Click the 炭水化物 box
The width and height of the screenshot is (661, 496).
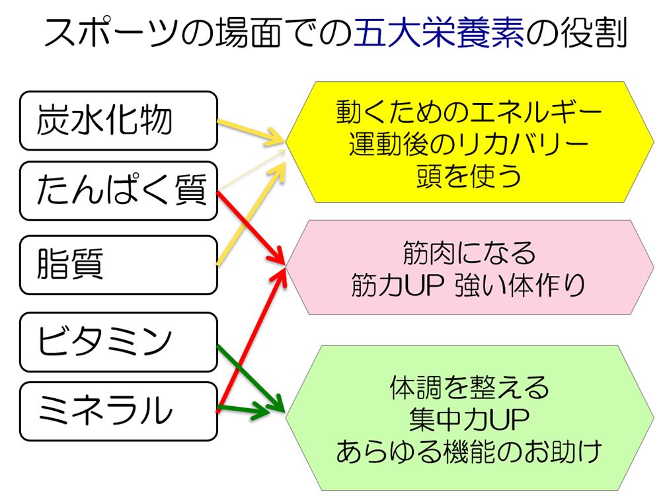tap(118, 121)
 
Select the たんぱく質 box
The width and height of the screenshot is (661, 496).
tap(118, 191)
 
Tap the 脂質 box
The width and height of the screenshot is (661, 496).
tap(118, 265)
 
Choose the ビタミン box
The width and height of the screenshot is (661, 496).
tap(118, 342)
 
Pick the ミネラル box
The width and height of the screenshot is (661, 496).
tap(118, 411)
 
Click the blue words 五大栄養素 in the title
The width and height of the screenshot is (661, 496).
tap(439, 34)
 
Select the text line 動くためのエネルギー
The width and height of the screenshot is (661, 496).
tap(469, 112)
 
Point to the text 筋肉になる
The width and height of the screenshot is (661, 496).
tap(469, 252)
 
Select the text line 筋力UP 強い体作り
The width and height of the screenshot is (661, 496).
tap(469, 285)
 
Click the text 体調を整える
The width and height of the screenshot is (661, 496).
tap(469, 388)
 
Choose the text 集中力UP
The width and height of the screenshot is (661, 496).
tap(469, 419)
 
